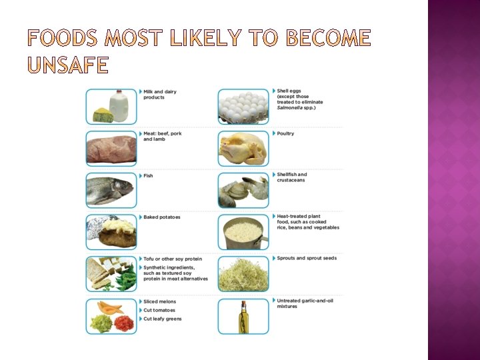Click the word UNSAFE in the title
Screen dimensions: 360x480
point(67,65)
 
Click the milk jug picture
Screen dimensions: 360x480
point(121,105)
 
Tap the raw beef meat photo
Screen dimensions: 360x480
point(111,147)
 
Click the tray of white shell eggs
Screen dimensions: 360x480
point(243,106)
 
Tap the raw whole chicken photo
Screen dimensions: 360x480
point(243,148)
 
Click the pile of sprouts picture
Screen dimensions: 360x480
point(243,273)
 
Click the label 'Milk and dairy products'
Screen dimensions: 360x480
point(160,95)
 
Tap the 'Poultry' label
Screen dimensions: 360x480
point(285,133)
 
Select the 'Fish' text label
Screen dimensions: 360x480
point(148,176)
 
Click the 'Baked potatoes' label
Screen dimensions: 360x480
point(161,217)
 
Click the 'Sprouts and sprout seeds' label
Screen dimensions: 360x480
point(307,259)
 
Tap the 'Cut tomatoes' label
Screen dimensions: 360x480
point(159,310)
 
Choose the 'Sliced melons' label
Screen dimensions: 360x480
point(160,301)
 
